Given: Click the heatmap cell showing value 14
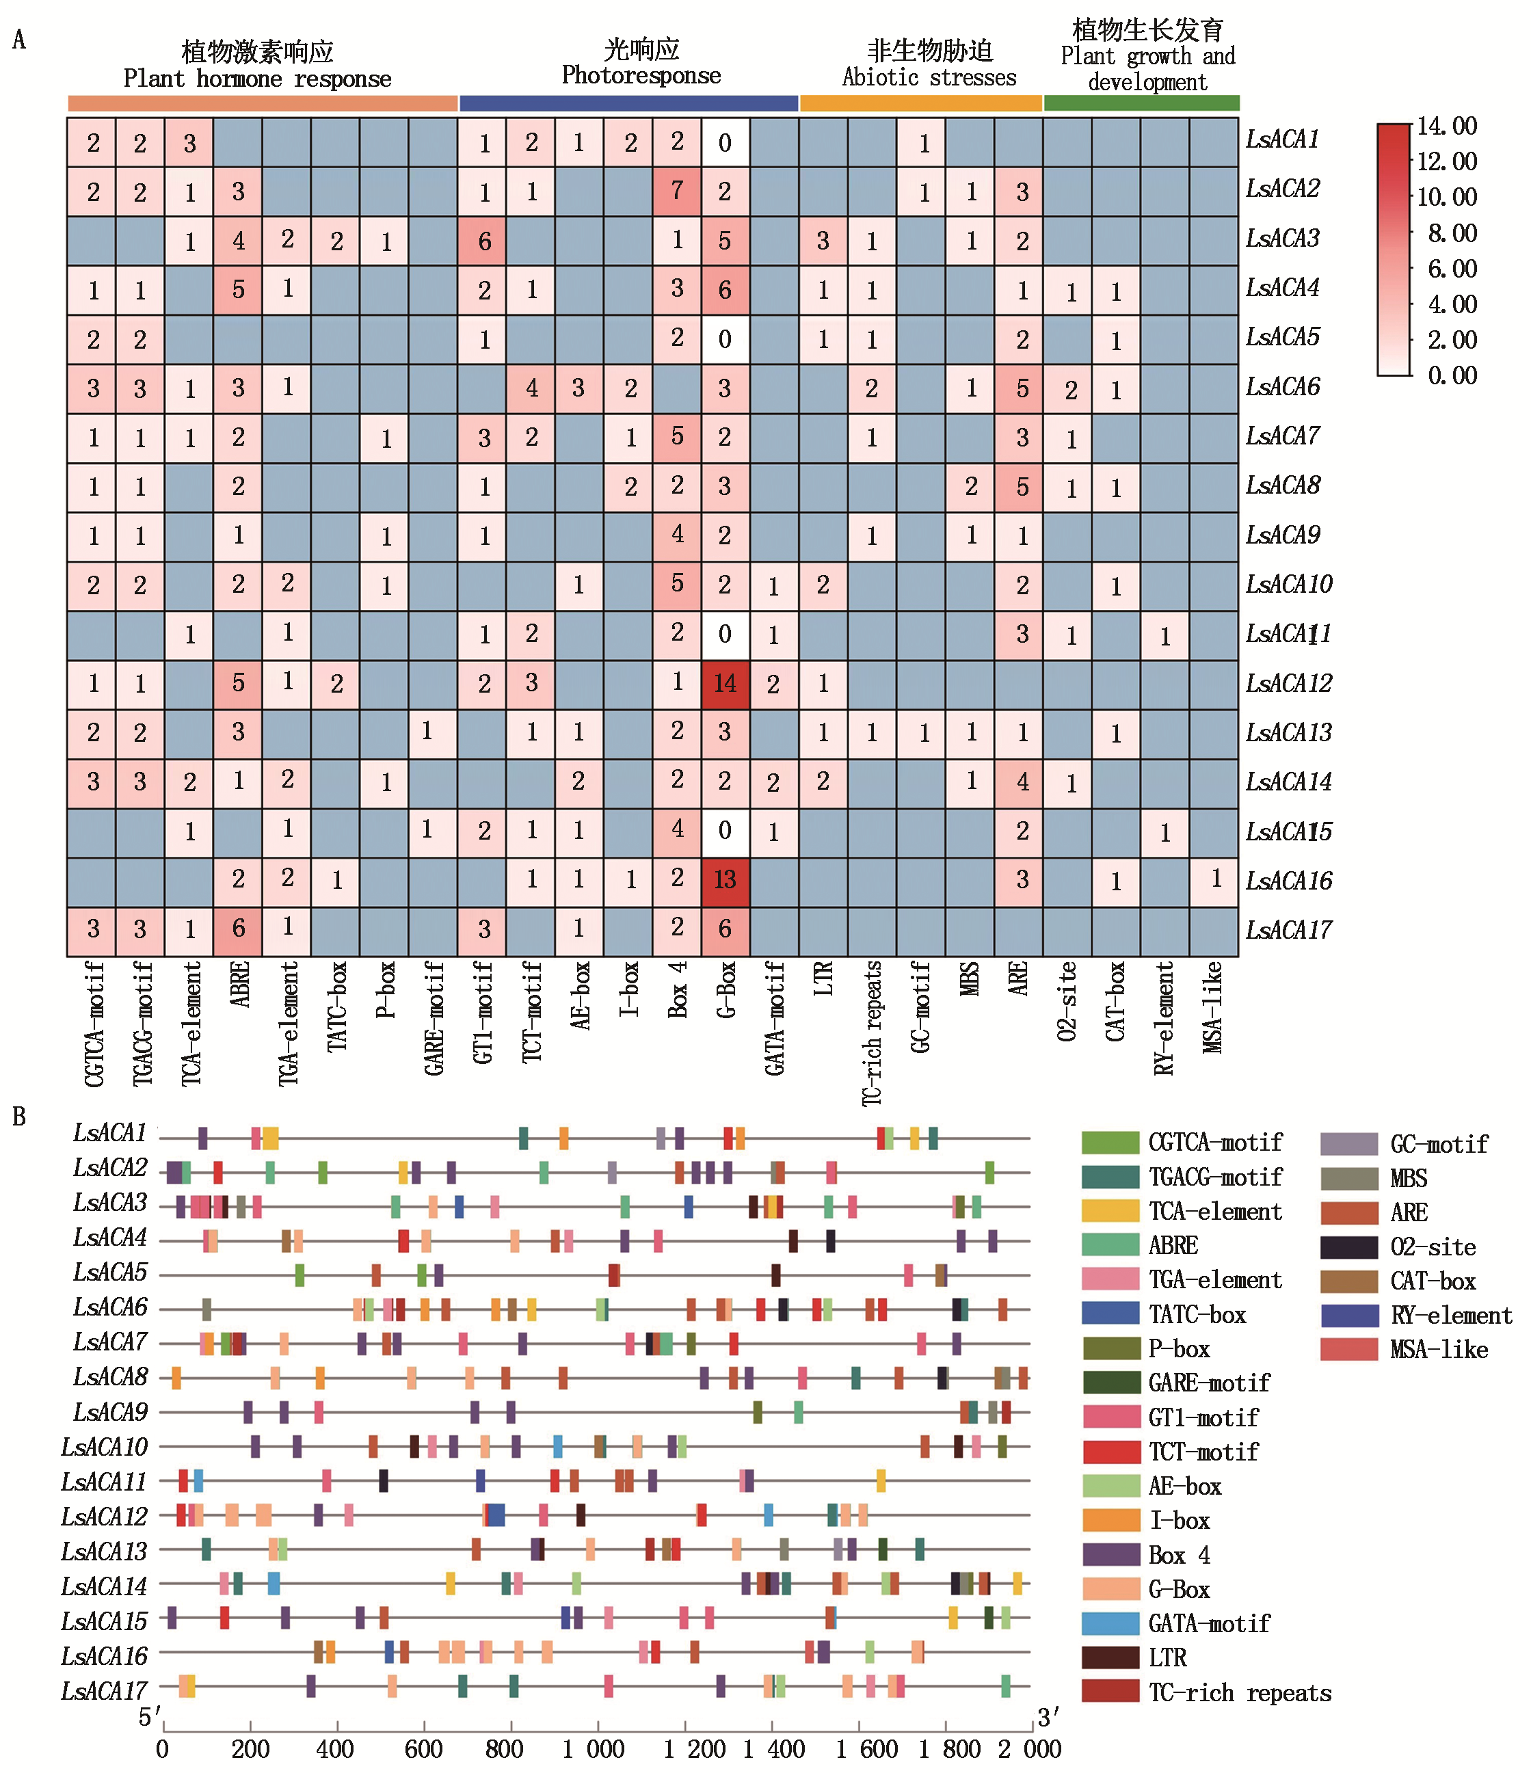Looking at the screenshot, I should click(725, 684).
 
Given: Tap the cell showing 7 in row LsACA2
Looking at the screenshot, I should click(677, 191).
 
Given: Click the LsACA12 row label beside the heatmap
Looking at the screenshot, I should click(1288, 684).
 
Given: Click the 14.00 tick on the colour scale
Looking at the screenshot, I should click(1447, 126).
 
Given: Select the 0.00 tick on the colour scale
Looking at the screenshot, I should click(1452, 375).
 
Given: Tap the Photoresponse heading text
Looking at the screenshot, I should click(641, 76).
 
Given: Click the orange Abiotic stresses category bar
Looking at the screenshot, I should click(921, 103).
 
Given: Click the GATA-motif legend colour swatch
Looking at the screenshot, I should click(1110, 1623).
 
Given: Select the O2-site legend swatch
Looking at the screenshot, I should click(1348, 1247).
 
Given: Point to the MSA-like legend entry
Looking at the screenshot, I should click(1439, 1350).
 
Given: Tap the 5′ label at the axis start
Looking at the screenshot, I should click(150, 1718).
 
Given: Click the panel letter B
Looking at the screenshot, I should click(19, 1117).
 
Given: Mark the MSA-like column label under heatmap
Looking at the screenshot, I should click(1214, 1007).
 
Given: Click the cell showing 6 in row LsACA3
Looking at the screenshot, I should click(483, 241).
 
